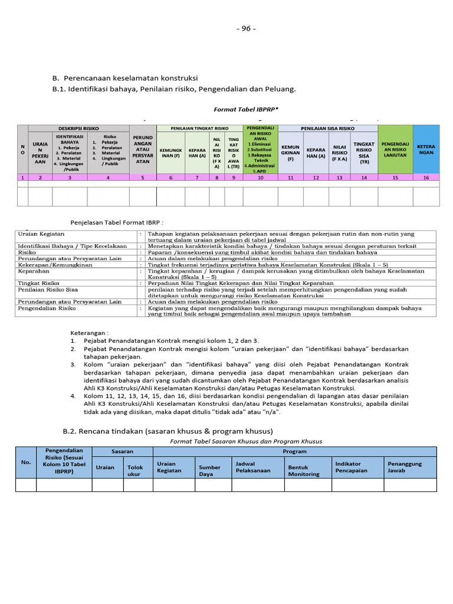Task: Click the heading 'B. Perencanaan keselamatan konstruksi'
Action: point(125,78)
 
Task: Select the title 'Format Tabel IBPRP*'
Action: point(245,109)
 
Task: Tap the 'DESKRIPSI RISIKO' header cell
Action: point(78,128)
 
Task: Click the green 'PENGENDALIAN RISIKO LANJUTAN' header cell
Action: point(395,147)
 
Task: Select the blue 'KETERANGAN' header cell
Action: point(426,147)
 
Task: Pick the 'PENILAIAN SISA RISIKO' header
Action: point(327,128)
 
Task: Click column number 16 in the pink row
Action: point(426,177)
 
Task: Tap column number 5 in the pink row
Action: point(143,177)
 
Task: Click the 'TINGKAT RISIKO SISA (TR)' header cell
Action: point(364,152)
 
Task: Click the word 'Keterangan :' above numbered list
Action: point(90,333)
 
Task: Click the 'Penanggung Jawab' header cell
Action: point(405,467)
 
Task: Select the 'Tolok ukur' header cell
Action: point(136,470)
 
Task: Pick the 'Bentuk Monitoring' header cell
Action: point(303,470)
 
